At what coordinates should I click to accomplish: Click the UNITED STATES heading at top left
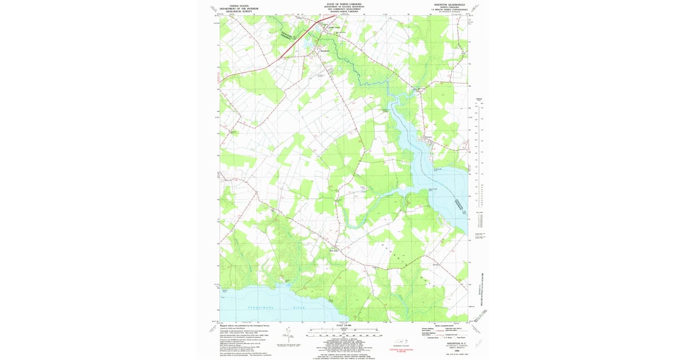239,5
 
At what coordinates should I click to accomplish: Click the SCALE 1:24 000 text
344,326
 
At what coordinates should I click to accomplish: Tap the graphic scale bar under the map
343,331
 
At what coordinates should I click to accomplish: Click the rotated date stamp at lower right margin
486,314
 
